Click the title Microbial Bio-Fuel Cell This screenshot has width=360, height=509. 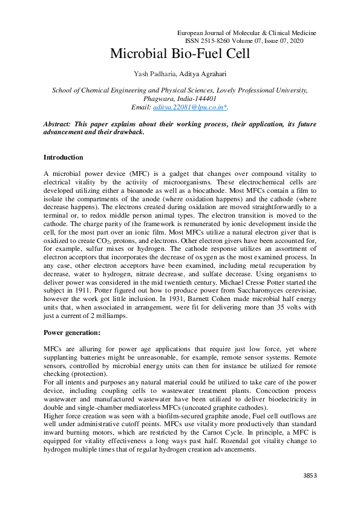tap(180, 54)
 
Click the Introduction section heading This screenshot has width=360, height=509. tap(64, 157)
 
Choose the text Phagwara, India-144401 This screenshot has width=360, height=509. tap(180, 98)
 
